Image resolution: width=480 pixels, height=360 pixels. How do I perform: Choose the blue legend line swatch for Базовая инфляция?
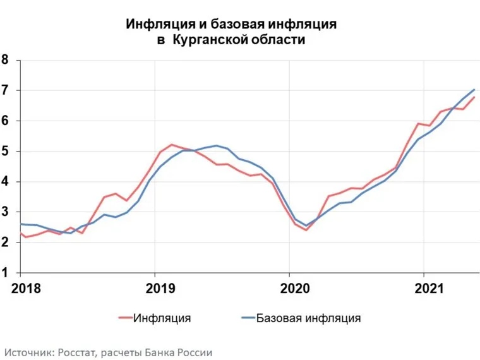pyautogui.click(x=248, y=318)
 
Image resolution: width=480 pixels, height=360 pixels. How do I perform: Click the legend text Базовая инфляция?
pyautogui.click(x=309, y=318)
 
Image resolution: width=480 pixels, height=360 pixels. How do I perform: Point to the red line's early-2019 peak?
pyautogui.click(x=172, y=145)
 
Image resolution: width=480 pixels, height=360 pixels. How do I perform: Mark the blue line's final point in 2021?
pyautogui.click(x=474, y=90)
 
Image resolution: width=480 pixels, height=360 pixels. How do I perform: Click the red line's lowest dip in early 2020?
pyautogui.click(x=306, y=230)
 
